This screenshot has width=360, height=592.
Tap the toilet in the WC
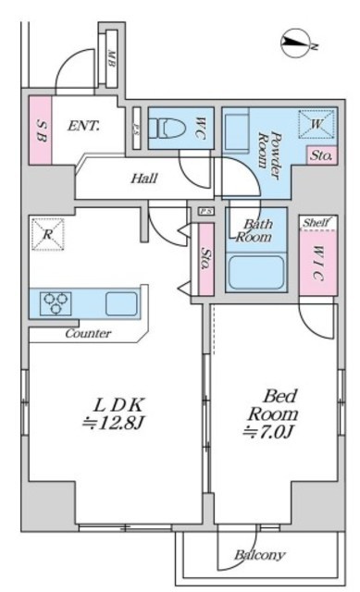coord(167,129)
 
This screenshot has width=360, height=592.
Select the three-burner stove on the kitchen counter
coord(56,303)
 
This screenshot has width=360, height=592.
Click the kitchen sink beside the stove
coord(121,303)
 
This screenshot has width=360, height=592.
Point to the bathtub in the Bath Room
coord(256,273)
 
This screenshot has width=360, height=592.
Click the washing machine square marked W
coord(317,124)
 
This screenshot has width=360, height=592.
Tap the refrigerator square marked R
coord(47,234)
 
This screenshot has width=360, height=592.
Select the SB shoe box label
coord(41,130)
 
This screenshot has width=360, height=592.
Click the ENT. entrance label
coord(84,126)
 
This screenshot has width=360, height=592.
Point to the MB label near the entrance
coord(111,58)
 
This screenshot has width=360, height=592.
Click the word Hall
coord(144,179)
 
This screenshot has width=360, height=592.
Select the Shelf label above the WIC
coord(316,222)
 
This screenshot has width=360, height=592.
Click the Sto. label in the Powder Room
coord(321,155)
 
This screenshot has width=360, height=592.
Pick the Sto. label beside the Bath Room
coord(205,258)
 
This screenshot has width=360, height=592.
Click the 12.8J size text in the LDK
coord(113,424)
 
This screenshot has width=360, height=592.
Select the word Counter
coord(89,333)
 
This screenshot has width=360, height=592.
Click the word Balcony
coord(259,555)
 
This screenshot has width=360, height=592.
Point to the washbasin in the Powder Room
coord(237,130)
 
